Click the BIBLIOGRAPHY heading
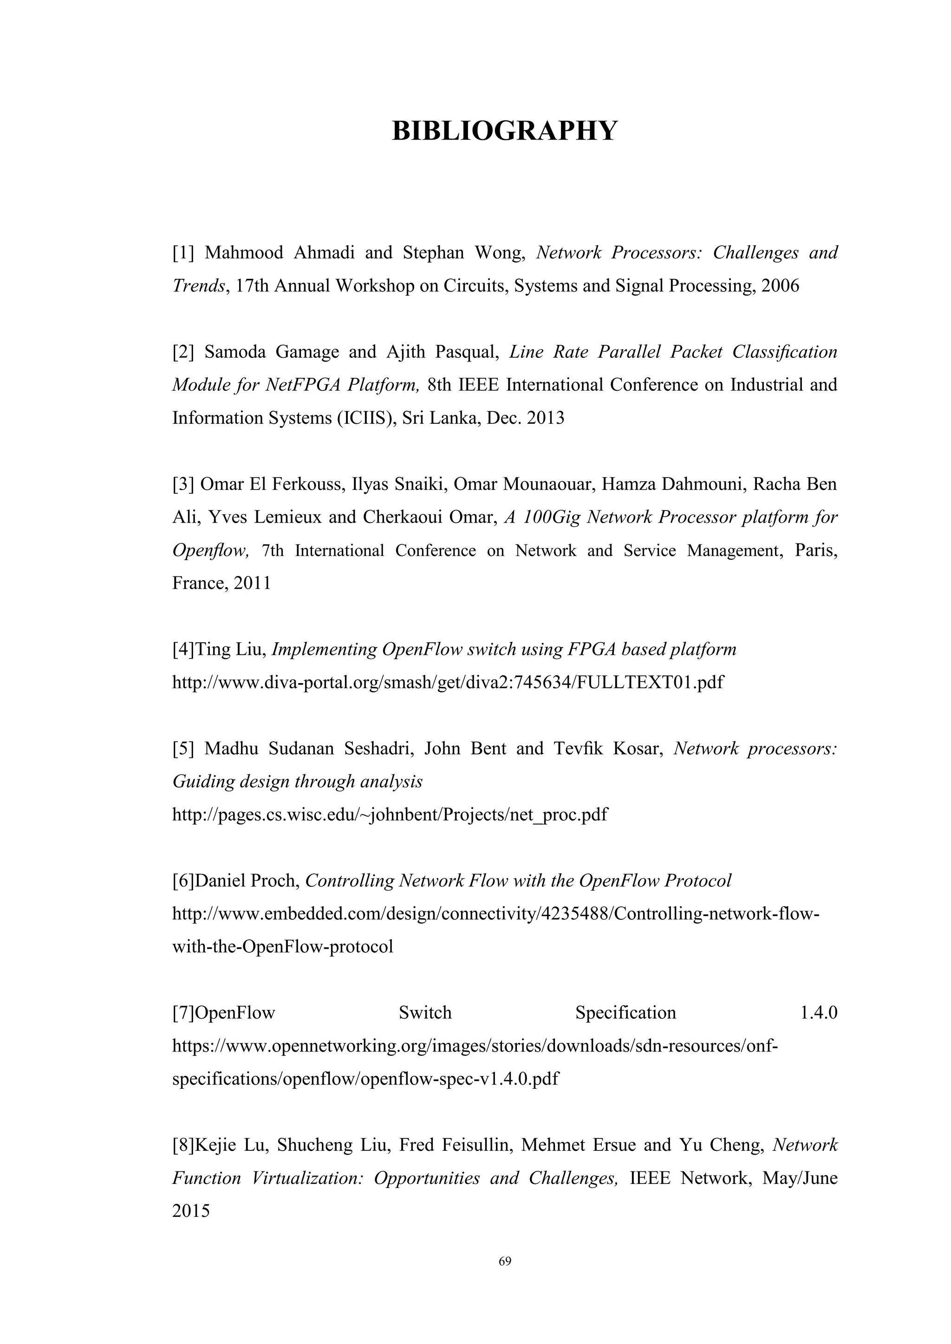click(504, 130)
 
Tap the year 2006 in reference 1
click(780, 286)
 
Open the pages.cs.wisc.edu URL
click(390, 815)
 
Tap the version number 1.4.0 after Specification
click(818, 1013)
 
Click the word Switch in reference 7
click(425, 1013)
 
